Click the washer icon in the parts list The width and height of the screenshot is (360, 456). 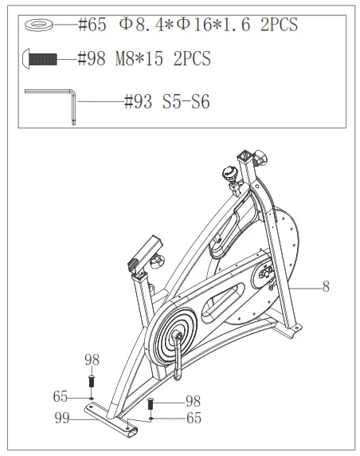39,25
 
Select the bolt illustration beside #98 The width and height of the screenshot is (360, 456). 40,58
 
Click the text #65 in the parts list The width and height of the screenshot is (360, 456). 92,25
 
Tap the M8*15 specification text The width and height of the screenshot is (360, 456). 139,58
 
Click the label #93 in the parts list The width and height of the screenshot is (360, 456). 138,102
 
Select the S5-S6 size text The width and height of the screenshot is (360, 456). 186,102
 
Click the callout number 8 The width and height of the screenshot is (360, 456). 326,287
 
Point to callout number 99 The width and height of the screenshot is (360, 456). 62,419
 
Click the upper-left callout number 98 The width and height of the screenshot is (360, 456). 92,360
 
